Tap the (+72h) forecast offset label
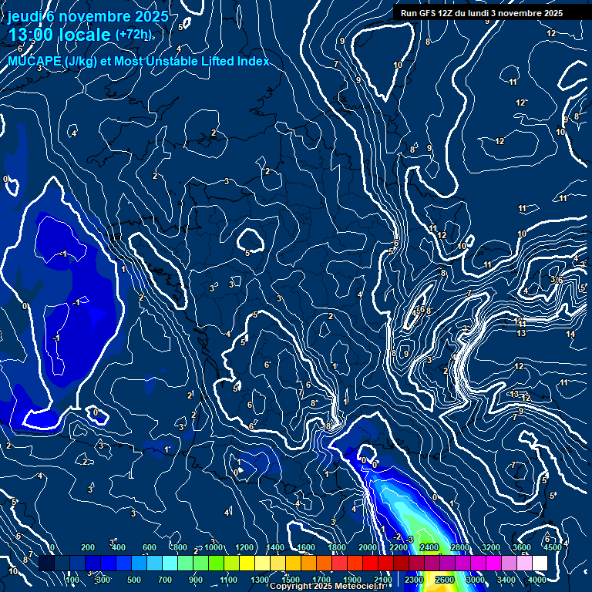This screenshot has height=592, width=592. pos(133,35)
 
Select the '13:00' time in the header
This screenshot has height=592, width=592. pos(32,35)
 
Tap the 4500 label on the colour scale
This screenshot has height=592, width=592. pos(552,547)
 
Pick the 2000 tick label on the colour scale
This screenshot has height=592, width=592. pos(367,547)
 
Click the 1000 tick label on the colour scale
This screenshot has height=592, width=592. pos(213,547)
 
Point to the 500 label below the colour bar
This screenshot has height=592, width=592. pos(135,580)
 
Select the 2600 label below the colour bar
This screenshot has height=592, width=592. pos(445,580)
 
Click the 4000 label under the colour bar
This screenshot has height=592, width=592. pos(537,580)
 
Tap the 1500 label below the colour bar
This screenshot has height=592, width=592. pos(290,580)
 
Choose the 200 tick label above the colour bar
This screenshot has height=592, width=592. pos(88,547)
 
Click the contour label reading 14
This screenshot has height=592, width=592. pos(570,335)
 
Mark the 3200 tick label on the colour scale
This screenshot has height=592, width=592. pos(490,547)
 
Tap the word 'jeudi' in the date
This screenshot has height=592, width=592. pos(23,16)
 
